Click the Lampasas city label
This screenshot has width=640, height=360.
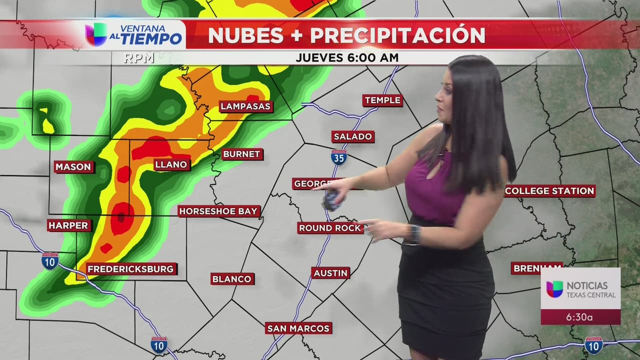(245, 106)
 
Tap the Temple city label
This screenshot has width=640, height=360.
(382, 100)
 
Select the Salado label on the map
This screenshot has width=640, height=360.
(352, 136)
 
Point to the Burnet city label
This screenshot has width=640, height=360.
(242, 154)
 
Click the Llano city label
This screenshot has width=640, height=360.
(171, 164)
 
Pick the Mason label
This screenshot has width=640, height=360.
(73, 167)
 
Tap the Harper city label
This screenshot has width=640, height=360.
(69, 225)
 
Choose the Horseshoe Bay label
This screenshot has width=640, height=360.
(219, 211)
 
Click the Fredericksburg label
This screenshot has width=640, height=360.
(131, 269)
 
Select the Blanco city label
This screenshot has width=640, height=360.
(232, 279)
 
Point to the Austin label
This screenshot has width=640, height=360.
(330, 273)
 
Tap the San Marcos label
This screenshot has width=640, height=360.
(298, 328)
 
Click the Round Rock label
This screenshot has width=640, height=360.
(330, 228)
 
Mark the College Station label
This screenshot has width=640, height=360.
(549, 191)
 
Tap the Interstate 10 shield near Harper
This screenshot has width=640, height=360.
(50, 261)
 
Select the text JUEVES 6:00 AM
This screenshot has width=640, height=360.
(347, 57)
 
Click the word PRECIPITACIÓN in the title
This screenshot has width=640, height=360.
(397, 35)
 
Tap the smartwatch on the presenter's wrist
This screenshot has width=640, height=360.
(413, 234)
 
